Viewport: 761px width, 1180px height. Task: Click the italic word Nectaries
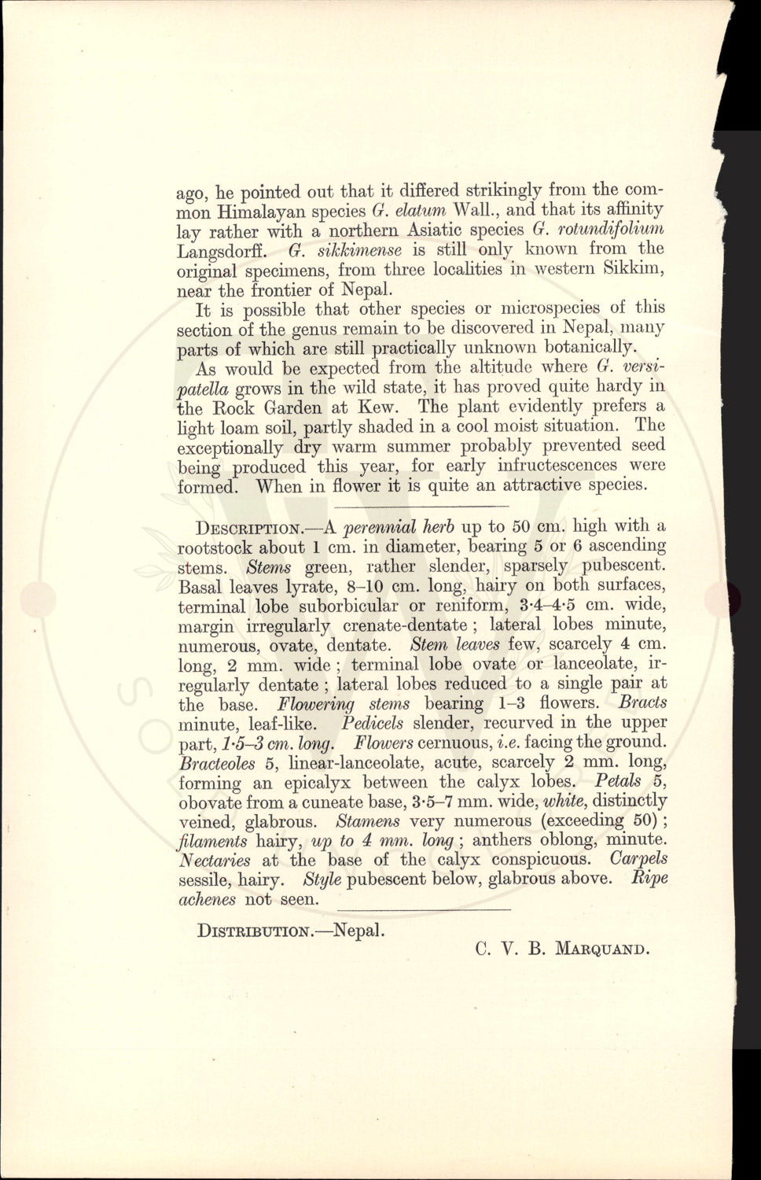point(215,861)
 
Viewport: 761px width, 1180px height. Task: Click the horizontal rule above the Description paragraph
point(422,505)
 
